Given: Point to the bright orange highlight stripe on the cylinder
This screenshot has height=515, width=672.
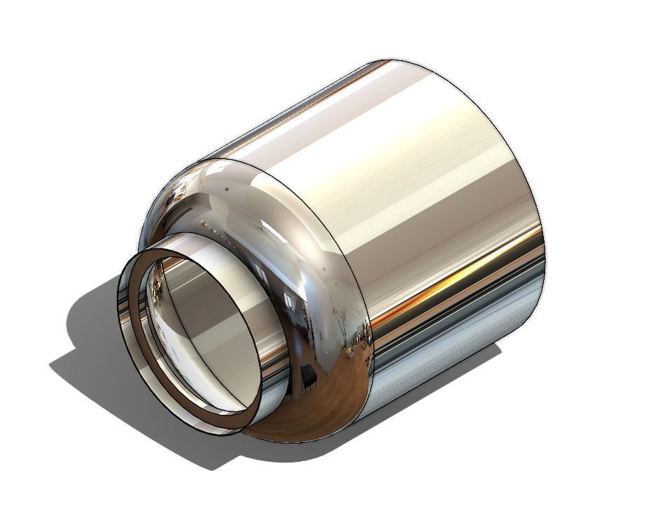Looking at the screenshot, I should coord(448,280).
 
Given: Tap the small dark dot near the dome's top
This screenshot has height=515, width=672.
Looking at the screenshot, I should coord(225,188).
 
